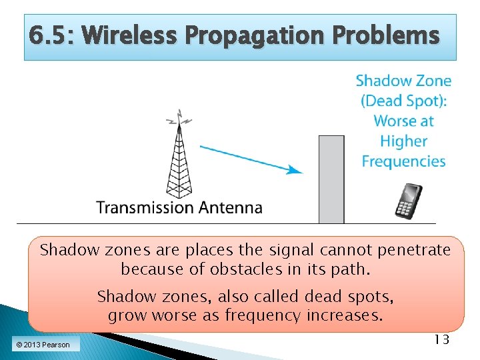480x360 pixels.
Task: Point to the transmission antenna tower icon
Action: point(178,163)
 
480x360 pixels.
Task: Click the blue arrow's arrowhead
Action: point(294,170)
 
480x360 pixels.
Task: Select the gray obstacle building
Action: point(331,179)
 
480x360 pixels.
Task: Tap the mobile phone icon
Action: point(409,201)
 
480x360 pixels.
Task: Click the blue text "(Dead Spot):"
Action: point(403,101)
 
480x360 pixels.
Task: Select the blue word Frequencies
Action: point(403,161)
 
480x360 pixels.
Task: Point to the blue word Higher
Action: point(403,141)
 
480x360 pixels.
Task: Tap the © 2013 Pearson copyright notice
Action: point(44,345)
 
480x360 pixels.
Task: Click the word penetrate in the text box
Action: point(409,251)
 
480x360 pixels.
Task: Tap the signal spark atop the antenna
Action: point(178,119)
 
